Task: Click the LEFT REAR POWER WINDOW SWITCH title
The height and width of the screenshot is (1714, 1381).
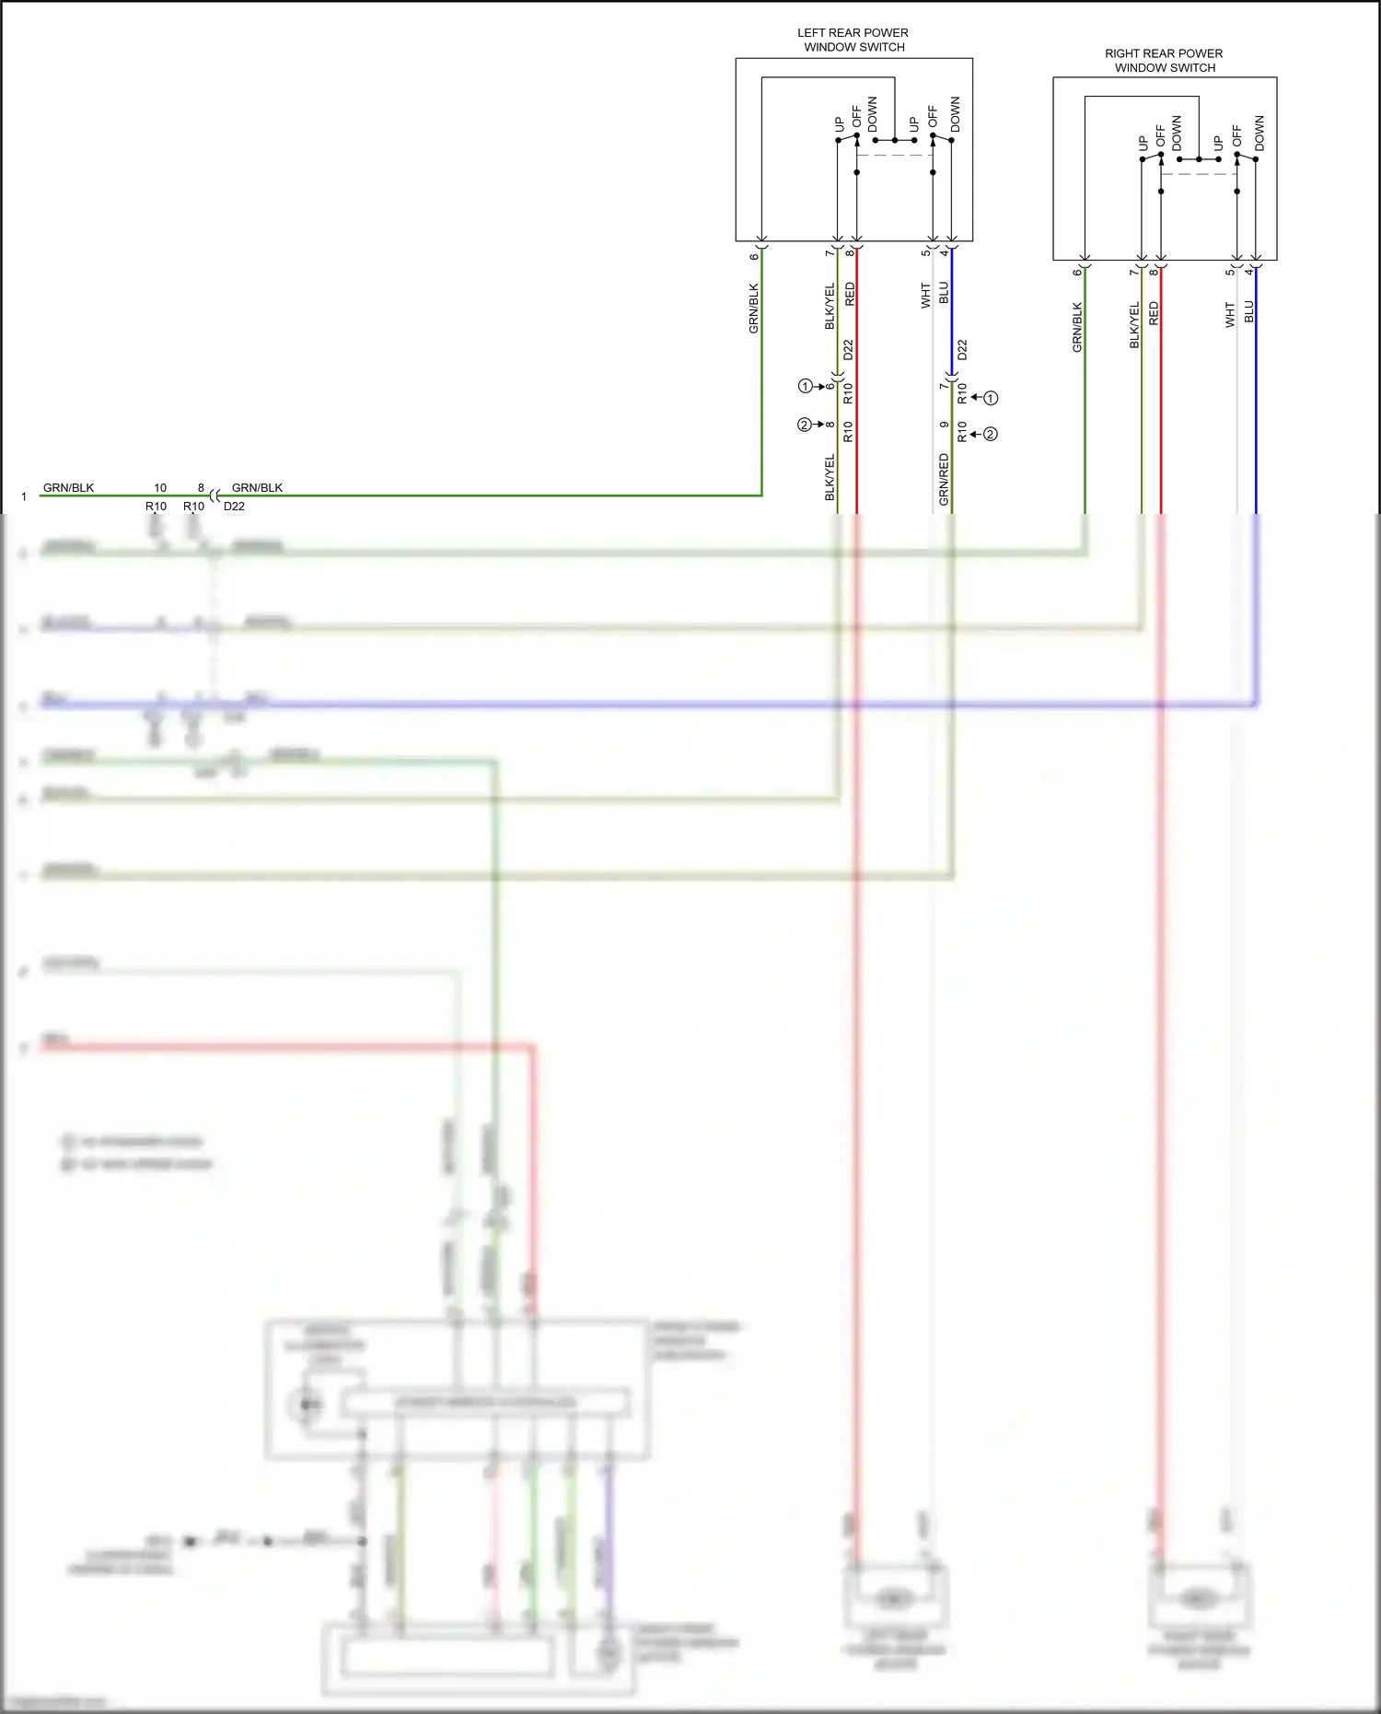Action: point(853,40)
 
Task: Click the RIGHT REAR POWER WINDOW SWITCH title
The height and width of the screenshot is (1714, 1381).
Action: point(1164,60)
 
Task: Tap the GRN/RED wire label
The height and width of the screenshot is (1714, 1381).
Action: point(944,479)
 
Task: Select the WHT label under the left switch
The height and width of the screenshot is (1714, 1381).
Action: point(925,296)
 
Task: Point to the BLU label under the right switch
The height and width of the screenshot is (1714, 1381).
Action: point(1249,311)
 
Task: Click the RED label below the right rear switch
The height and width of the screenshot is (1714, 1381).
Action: point(1154,313)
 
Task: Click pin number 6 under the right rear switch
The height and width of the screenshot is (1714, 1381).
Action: point(1076,272)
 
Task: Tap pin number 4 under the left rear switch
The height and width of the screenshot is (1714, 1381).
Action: point(944,252)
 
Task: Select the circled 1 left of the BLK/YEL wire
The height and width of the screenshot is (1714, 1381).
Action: point(805,386)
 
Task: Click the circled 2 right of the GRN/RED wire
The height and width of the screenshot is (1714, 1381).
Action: point(991,434)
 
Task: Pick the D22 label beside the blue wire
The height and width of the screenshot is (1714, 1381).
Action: point(962,350)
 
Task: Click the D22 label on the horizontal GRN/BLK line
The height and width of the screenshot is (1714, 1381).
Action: point(234,507)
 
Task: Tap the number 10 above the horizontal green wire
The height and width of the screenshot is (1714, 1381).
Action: point(160,488)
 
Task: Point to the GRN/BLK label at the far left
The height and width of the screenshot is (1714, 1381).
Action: point(68,488)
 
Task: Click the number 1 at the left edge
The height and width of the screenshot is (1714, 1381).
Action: point(24,497)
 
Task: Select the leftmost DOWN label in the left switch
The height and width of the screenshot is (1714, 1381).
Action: point(873,114)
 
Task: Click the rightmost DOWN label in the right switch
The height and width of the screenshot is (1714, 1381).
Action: point(1259,134)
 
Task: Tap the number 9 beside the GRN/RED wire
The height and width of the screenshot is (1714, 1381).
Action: point(944,425)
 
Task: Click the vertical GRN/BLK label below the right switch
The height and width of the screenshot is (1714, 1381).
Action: point(1076,328)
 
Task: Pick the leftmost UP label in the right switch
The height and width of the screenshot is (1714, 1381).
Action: point(1143,143)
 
